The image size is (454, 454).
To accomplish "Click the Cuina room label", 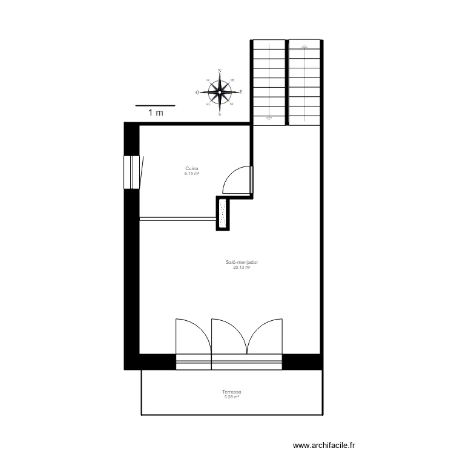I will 192,169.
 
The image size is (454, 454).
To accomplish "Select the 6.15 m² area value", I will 192,174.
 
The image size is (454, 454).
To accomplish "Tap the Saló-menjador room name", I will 241,262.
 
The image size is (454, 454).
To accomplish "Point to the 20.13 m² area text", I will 241,267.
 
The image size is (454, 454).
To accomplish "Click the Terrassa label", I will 232,392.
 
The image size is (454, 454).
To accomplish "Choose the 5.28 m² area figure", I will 232,397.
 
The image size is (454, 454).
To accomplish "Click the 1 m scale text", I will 156,113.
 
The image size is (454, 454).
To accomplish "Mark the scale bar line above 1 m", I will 155,105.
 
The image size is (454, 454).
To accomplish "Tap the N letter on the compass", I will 219,71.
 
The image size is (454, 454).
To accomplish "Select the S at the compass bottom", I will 219,114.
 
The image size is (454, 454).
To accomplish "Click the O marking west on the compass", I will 197,93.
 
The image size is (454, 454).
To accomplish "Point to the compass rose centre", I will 219,92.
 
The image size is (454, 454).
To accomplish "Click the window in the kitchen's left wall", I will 131,172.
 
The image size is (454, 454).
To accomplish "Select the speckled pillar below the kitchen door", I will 223,214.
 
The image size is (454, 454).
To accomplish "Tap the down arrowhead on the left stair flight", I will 269,117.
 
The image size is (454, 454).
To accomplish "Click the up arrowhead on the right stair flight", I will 304,46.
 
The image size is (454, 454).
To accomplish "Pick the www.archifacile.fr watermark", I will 325,445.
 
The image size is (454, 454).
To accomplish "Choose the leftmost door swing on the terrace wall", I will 192,337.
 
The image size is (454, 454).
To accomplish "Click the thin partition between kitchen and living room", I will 178,218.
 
